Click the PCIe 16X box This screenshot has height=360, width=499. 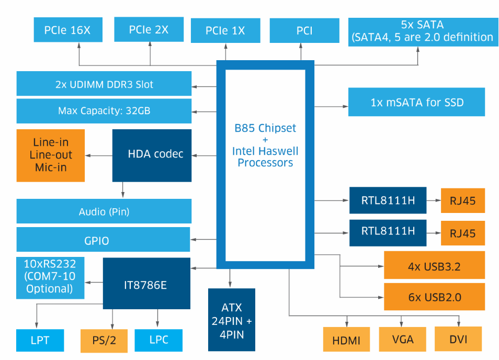(67, 30)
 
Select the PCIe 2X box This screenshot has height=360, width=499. (149, 29)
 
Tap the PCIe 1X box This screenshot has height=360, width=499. (225, 30)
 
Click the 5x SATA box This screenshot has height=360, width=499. (422, 31)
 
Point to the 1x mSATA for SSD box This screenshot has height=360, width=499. (416, 102)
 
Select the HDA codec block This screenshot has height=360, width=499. (152, 155)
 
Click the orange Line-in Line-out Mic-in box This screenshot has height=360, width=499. (51, 155)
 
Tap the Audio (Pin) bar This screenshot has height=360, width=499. (104, 212)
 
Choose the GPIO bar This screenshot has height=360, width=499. (104, 240)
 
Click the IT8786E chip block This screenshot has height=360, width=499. (146, 284)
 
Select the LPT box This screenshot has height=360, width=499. (40, 340)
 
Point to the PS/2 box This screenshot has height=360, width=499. (104, 340)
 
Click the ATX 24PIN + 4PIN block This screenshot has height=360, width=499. (231, 320)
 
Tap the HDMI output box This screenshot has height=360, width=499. (346, 340)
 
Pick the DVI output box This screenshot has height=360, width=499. (458, 340)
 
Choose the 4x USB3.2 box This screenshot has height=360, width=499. (434, 266)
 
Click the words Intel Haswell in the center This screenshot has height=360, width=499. (265, 151)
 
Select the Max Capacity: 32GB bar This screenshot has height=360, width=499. (104, 111)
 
